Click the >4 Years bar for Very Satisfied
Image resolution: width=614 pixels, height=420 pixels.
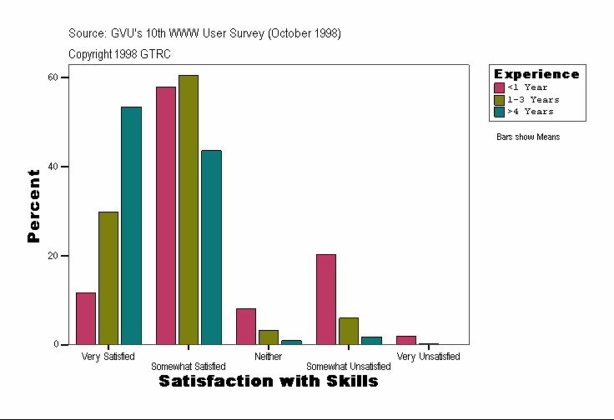[131, 225]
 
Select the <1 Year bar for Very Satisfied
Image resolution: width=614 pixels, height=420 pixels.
[86, 318]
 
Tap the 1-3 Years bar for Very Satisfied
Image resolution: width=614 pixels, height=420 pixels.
[108, 277]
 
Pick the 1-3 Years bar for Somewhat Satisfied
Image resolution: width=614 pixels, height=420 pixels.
[189, 209]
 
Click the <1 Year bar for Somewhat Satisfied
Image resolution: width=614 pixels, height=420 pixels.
[165, 215]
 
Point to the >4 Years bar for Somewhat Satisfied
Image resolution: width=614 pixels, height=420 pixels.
[211, 247]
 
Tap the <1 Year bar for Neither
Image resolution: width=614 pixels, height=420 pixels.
[246, 326]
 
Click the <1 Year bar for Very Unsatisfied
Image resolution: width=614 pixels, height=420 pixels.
[405, 340]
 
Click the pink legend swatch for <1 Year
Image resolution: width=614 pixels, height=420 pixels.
[500, 87]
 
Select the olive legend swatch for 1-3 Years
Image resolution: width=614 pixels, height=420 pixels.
[500, 99]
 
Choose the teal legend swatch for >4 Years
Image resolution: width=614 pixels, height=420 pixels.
[500, 111]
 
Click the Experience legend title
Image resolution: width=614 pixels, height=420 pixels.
[536, 74]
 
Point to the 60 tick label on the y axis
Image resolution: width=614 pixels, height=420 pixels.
[53, 77]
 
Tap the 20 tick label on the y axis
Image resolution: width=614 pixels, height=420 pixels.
[53, 256]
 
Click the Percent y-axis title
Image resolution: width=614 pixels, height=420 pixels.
[33, 206]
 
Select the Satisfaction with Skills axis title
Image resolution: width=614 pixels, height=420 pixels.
[269, 381]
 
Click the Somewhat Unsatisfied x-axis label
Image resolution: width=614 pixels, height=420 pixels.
[349, 367]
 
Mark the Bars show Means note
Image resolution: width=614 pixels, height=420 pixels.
[528, 137]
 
